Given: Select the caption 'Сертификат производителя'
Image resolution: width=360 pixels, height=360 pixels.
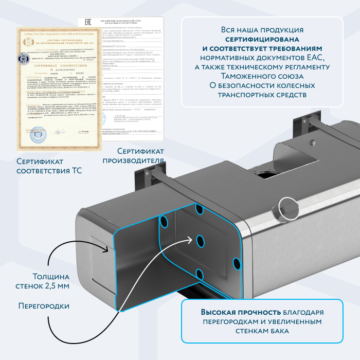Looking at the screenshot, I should [x=140, y=155].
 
